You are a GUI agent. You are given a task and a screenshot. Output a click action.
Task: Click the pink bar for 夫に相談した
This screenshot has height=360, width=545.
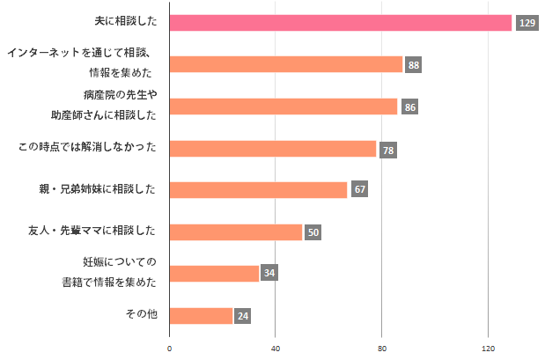340,23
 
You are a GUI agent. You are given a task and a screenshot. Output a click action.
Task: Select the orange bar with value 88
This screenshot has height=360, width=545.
285,64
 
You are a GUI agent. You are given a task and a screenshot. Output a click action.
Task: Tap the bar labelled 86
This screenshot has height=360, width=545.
283,107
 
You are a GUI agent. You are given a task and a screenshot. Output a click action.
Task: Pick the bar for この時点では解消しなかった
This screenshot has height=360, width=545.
272,149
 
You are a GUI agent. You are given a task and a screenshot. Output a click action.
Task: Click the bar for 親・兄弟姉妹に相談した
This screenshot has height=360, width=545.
258,189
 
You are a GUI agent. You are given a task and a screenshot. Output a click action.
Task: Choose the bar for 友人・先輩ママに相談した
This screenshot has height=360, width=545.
235,231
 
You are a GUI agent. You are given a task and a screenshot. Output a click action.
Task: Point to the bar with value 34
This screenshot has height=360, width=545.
214,273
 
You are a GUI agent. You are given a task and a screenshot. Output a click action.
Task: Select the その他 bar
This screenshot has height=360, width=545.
201,315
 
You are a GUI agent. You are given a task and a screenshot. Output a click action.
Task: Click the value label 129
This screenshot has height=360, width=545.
527,23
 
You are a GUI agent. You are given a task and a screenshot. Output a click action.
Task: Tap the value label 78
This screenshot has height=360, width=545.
387,150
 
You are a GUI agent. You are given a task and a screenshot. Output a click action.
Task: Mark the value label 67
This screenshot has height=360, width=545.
359,190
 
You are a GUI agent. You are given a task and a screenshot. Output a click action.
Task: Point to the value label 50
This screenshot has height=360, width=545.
313,232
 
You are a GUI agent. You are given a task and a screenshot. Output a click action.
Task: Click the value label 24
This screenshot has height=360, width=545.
243,316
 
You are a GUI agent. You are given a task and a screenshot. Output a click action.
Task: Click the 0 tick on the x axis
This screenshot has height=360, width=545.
169,349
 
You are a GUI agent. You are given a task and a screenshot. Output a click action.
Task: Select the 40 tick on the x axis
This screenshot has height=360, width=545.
275,349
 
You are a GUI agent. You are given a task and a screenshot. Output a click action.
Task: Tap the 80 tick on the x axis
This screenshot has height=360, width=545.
381,349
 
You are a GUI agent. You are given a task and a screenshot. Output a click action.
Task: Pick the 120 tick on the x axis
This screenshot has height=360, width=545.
487,349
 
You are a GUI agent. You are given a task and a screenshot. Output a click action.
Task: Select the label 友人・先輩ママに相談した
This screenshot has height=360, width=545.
92,231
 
